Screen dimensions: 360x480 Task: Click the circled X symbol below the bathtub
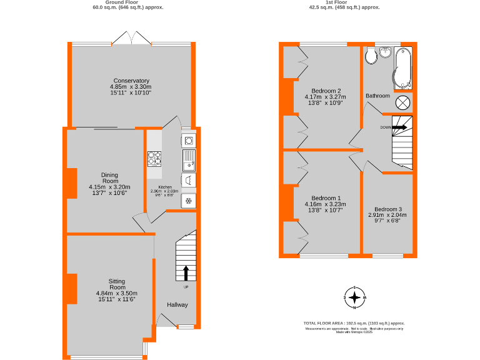pos(403,102)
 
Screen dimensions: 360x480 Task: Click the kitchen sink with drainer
pos(189,160)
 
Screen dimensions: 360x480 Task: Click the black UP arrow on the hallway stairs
pos(186,272)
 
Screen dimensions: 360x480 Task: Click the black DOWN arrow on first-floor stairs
pos(399,127)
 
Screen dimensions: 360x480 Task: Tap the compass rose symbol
pos(354,298)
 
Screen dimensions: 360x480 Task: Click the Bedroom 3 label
pos(388,209)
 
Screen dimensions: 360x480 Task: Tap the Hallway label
pos(177,304)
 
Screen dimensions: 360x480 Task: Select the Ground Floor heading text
pos(121,2)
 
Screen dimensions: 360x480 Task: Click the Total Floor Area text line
pos(354,322)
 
